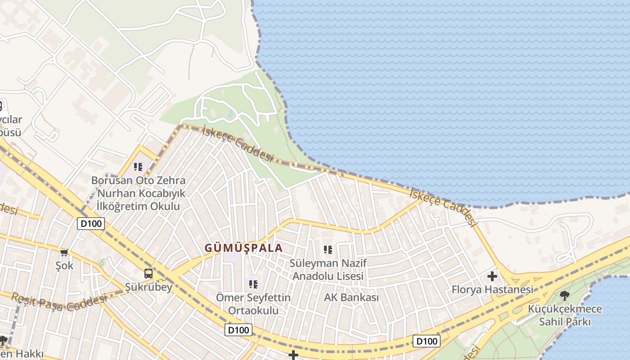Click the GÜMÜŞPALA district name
point(243,248)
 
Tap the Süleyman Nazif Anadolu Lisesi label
point(328,269)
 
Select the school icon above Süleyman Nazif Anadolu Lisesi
point(328,249)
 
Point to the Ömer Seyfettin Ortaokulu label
point(253,304)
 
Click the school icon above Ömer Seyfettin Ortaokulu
point(253,284)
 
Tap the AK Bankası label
point(351,297)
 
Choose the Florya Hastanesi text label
point(492,289)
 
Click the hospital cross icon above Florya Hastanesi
point(492,276)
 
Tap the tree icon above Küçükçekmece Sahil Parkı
point(565,296)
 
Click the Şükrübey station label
point(148,287)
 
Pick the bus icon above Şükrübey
point(148,273)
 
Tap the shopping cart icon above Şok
point(64,253)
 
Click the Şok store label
point(64,265)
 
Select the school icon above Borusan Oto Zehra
point(138,167)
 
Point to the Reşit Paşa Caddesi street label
point(59,302)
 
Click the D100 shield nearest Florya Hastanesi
point(426,341)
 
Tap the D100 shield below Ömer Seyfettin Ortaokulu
point(238,330)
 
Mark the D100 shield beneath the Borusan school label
point(91,224)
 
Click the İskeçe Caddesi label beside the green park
point(238,144)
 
